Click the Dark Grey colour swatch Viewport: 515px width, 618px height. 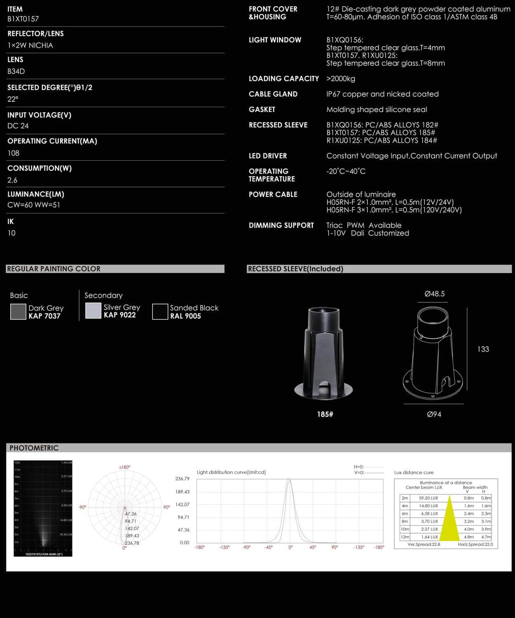click(x=18, y=311)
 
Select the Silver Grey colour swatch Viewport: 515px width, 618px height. click(x=93, y=311)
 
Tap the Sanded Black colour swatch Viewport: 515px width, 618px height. click(x=160, y=311)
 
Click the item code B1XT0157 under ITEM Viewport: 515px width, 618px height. click(x=23, y=19)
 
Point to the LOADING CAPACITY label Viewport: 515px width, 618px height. click(x=283, y=79)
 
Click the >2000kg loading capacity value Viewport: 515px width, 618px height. click(x=341, y=79)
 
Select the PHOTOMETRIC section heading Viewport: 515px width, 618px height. click(x=34, y=448)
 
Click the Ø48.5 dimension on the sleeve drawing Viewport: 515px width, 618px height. click(x=434, y=294)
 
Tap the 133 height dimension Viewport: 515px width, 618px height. click(x=483, y=349)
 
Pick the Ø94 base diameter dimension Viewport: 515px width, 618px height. click(x=434, y=414)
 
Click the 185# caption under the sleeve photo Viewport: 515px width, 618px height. click(x=325, y=414)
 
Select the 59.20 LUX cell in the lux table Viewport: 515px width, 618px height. click(x=428, y=498)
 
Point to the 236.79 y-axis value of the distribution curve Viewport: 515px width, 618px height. click(x=182, y=479)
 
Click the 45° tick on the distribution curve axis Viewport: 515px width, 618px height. click(x=313, y=547)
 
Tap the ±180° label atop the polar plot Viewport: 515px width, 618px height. click(x=124, y=467)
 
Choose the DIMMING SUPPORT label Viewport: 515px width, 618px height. click(x=281, y=225)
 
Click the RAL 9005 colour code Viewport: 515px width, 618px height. click(x=185, y=316)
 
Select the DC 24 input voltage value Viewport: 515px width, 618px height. click(x=18, y=126)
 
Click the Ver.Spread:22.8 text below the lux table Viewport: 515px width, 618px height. click(x=424, y=544)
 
